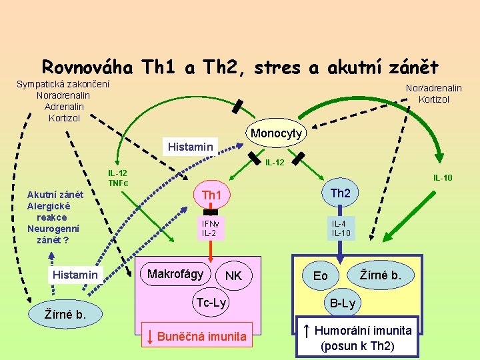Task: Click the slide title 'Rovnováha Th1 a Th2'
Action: coord(240,67)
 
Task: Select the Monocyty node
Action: coord(276,133)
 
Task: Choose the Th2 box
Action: coord(340,193)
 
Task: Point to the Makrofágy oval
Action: coord(175,274)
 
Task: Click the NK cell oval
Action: coord(233,276)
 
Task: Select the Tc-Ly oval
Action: coord(211,303)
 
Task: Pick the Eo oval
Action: coord(321,275)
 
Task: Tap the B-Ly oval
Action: coord(343,304)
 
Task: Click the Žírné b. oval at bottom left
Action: coord(65,313)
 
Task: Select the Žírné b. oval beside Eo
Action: coord(381,273)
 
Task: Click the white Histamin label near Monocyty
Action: coord(191,146)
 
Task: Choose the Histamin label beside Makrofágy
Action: coord(75,275)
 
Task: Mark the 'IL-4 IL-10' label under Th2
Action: coord(340,228)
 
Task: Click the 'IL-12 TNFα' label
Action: coord(118,178)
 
